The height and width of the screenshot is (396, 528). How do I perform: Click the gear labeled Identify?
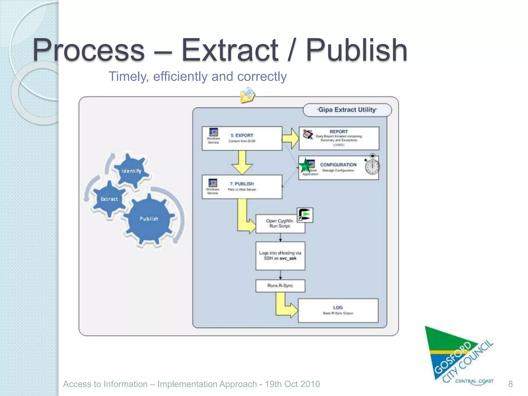(x=131, y=171)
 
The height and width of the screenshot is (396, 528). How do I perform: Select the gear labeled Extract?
(x=109, y=199)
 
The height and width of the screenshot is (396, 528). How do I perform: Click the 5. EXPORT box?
(x=242, y=138)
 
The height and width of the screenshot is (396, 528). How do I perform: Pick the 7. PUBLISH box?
(x=242, y=187)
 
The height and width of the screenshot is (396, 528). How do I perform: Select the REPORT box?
(x=339, y=138)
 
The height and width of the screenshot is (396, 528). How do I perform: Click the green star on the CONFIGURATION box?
(x=306, y=166)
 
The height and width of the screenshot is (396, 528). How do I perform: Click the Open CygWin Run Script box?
(x=280, y=224)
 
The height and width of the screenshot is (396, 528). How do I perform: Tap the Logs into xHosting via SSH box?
(x=280, y=256)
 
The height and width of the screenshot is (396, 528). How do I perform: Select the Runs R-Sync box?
(x=280, y=286)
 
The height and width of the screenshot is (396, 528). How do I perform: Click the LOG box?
(x=338, y=310)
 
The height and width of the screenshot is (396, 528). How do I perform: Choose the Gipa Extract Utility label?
(x=347, y=110)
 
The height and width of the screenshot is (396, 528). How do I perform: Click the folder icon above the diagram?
(x=247, y=95)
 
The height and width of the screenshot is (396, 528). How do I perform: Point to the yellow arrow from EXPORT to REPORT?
(x=291, y=138)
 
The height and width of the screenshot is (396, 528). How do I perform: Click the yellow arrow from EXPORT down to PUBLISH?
(x=242, y=163)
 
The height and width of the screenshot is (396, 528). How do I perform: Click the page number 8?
(x=510, y=384)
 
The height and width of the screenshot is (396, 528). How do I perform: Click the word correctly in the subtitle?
(x=262, y=77)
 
